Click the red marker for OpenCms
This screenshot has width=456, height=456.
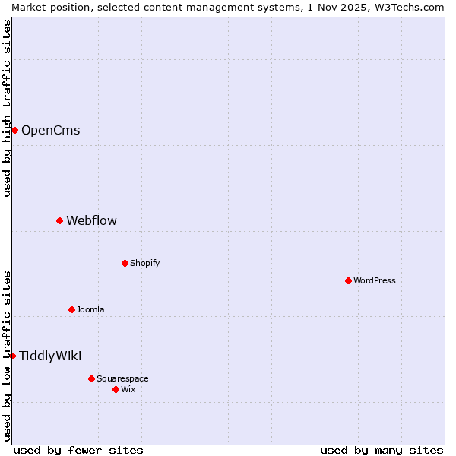[14, 130]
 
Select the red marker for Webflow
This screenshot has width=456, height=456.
[59, 220]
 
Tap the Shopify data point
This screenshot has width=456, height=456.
[125, 263]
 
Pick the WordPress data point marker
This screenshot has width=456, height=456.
[348, 280]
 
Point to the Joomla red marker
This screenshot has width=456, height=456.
[71, 309]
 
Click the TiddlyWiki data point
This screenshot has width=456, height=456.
[12, 356]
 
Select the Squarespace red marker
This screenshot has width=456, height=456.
[91, 378]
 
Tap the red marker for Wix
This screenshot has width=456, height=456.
[116, 389]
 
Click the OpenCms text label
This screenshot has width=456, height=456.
[50, 130]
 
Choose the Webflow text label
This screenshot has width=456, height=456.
[91, 220]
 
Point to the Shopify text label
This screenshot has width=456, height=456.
[144, 263]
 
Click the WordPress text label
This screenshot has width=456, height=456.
[374, 280]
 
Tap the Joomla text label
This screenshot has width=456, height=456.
[90, 309]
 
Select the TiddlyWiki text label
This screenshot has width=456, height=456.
[50, 356]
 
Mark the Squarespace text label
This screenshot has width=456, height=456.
[122, 378]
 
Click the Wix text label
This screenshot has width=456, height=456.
[128, 389]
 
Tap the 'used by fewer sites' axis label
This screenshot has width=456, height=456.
[78, 450]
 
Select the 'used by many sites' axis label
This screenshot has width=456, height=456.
[382, 450]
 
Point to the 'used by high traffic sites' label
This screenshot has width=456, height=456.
[7, 108]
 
